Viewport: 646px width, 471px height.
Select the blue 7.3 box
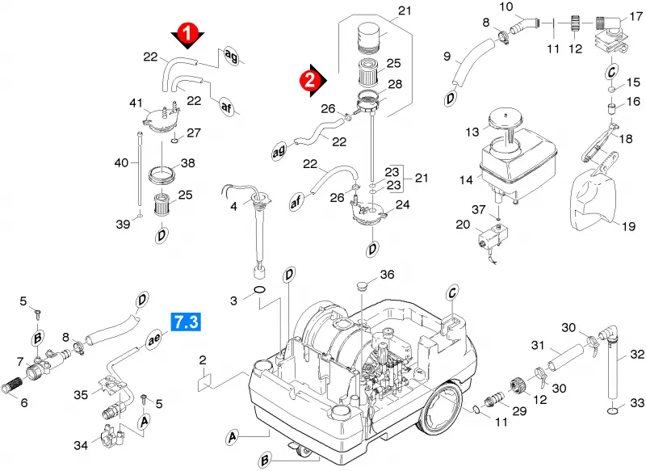tap(187, 322)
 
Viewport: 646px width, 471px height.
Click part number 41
tap(136, 103)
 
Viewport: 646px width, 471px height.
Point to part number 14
tap(466, 180)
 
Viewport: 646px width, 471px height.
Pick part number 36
tap(387, 275)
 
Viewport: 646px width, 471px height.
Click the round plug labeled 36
tap(361, 285)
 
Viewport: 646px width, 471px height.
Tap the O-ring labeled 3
tap(259, 290)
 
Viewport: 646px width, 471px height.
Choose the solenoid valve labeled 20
tap(493, 237)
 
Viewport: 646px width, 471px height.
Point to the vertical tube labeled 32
tap(612, 369)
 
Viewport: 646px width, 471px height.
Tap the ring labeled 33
tap(613, 410)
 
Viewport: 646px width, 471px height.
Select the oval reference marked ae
tap(154, 340)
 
